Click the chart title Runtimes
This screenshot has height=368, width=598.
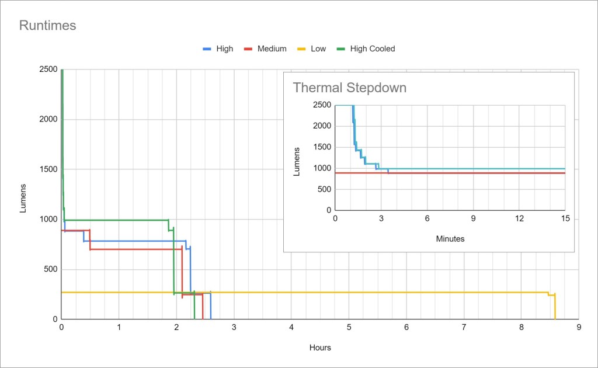(x=48, y=26)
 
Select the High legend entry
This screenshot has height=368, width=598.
(x=224, y=49)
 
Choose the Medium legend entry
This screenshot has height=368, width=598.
(x=272, y=49)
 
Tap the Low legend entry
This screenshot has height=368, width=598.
(x=318, y=49)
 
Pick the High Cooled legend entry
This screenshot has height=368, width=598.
(x=372, y=49)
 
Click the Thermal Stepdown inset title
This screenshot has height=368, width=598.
(x=349, y=88)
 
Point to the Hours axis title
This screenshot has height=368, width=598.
(x=320, y=348)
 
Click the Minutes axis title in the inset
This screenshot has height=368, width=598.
(x=450, y=239)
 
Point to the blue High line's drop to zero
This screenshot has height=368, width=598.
(x=210, y=307)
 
